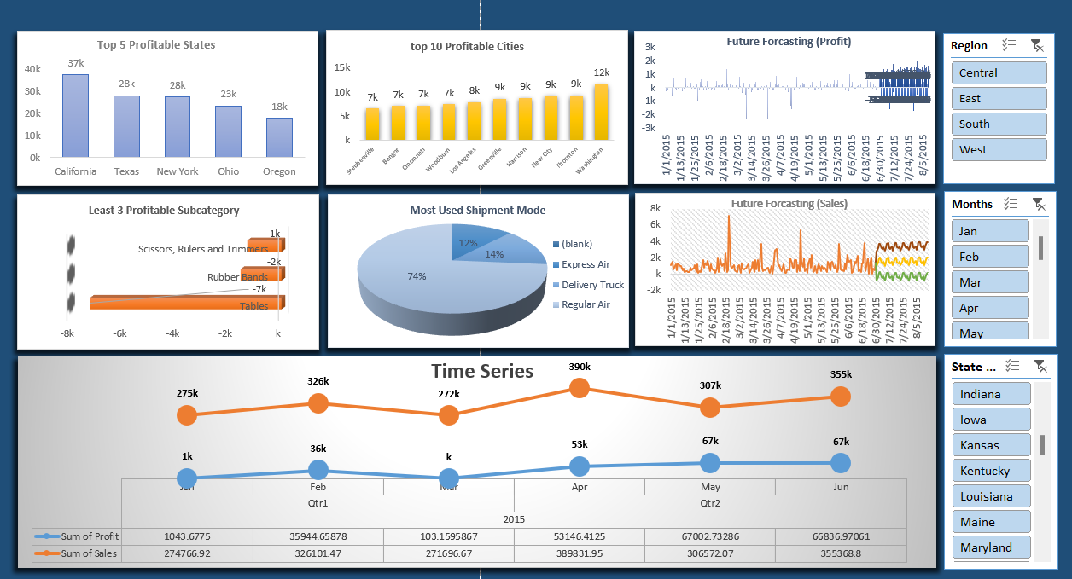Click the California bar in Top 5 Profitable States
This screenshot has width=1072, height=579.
click(x=75, y=116)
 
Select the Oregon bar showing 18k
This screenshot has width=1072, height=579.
click(x=279, y=137)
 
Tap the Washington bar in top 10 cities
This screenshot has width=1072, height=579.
click(x=601, y=113)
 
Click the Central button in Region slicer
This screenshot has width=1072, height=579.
click(x=999, y=73)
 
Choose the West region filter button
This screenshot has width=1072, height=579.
click(x=999, y=150)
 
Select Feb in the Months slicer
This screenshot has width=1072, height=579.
click(x=990, y=257)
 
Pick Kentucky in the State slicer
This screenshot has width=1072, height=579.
click(x=991, y=471)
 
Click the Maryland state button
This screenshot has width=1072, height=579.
click(x=991, y=547)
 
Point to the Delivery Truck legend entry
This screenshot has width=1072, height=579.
click(x=591, y=285)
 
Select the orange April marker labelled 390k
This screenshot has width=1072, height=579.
click(x=580, y=388)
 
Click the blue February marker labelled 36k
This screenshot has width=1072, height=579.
click(x=318, y=469)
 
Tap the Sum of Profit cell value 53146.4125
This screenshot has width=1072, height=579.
click(x=579, y=536)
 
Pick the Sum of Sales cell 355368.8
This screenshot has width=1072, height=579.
click(x=840, y=553)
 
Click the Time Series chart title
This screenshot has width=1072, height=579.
click(x=482, y=371)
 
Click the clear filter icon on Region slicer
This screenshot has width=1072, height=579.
click(x=1037, y=46)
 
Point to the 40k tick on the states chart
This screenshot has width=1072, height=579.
click(x=32, y=69)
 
